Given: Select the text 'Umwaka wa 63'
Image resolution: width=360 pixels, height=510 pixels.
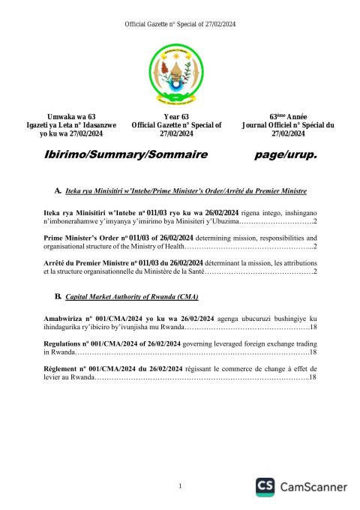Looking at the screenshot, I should click(x=71, y=116).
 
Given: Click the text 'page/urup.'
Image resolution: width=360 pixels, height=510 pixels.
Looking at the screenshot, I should click(x=286, y=154).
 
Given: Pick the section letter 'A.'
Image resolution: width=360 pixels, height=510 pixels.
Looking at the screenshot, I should click(x=58, y=192).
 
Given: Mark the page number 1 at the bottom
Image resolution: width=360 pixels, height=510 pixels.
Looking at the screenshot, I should click(x=181, y=487).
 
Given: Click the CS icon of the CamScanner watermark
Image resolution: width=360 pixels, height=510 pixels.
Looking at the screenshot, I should click(x=265, y=487).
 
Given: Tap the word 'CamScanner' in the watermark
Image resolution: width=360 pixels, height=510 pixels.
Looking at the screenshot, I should click(x=313, y=487).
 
